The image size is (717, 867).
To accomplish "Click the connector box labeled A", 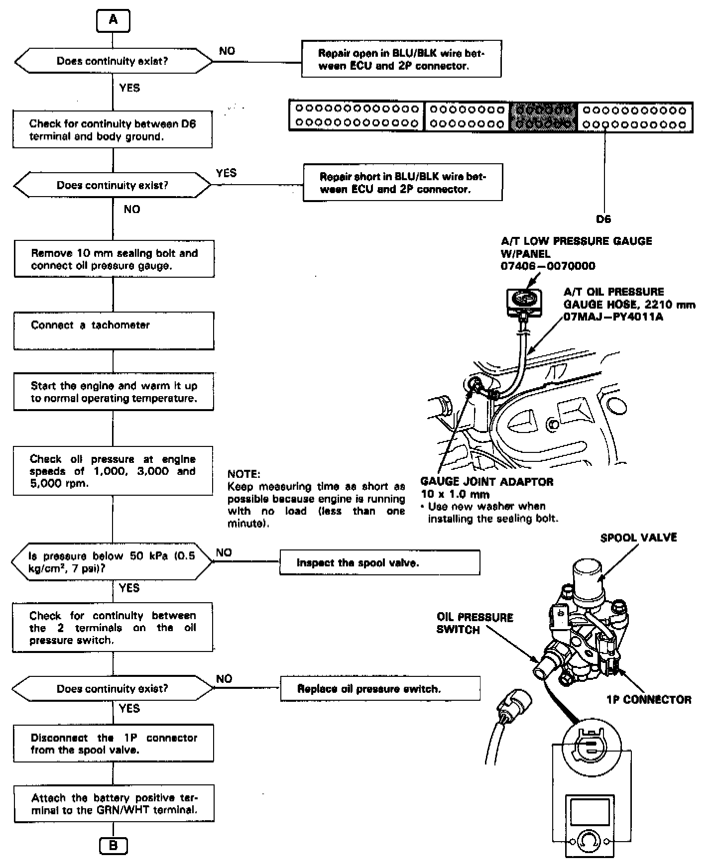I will (x=114, y=20).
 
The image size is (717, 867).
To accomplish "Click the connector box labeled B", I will (x=114, y=846).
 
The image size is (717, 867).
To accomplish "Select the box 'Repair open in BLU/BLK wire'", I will (x=401, y=59).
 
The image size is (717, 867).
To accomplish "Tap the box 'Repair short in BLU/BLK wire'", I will (x=402, y=183).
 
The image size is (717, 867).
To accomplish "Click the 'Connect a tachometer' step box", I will (x=114, y=331).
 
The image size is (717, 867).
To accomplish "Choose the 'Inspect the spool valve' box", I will (x=379, y=563).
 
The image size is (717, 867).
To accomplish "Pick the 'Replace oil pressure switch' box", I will (x=380, y=689).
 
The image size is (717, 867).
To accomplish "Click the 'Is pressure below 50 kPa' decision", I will (x=112, y=562).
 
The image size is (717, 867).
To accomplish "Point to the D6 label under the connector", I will (x=603, y=219).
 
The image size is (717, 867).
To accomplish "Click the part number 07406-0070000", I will (x=548, y=266).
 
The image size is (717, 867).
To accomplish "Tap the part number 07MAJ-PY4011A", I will (x=613, y=317).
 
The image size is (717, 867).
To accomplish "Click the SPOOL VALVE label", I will (x=638, y=538).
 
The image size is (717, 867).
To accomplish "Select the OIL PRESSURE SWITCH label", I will (x=475, y=623).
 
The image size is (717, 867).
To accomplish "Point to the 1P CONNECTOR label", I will (x=649, y=700).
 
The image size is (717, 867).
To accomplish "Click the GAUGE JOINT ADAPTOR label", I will (x=486, y=482).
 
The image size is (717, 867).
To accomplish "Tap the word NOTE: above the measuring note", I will (x=243, y=474).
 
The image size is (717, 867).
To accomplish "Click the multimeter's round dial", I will (x=589, y=841).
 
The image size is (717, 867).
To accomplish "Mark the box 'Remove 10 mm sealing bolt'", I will (x=114, y=259).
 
